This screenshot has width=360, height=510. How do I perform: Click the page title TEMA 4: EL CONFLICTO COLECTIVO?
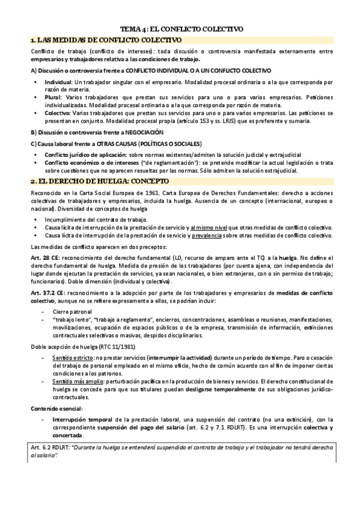pyautogui.click(x=181, y=28)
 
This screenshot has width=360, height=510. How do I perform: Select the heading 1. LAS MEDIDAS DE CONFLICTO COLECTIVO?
pyautogui.click(x=105, y=40)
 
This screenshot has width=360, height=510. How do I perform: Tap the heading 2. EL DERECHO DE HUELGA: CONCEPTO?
pyautogui.click(x=100, y=181)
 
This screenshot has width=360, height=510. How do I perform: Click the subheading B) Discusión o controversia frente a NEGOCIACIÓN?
pyautogui.click(x=96, y=132)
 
